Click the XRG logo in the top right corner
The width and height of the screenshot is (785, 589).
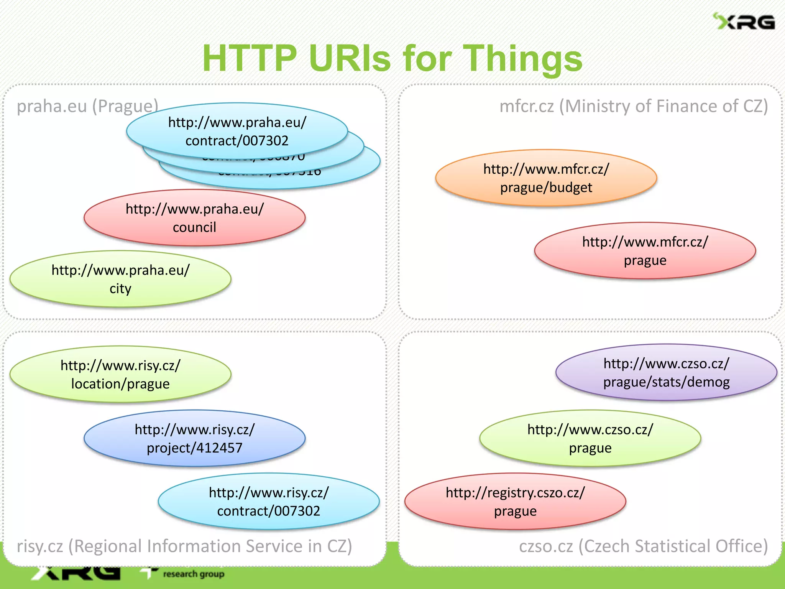744,21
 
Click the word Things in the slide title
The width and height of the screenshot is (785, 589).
523,58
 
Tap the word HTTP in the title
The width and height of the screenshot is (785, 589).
250,58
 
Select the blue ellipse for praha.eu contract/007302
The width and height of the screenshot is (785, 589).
237,130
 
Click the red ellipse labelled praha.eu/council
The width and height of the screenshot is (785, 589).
194,217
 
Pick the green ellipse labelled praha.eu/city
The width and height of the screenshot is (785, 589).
120,279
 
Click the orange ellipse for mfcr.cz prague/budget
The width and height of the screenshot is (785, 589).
546,178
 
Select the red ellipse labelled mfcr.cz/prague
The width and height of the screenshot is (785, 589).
645,251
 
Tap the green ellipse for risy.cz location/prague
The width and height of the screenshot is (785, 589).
120,374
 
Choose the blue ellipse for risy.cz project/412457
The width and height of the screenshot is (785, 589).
194,438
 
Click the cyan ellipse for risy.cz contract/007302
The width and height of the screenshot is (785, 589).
268,501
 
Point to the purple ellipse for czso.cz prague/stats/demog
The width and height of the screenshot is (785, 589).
666,372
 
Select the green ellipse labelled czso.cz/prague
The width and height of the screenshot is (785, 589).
590,438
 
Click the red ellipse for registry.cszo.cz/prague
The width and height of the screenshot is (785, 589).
515,501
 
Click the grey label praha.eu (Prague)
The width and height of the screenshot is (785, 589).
87,106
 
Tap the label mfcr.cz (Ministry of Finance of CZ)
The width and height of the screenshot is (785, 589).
634,106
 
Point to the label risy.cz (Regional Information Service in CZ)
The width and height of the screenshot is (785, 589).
184,546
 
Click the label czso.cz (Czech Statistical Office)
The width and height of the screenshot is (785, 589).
643,546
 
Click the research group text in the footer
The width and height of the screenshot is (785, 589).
194,574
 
